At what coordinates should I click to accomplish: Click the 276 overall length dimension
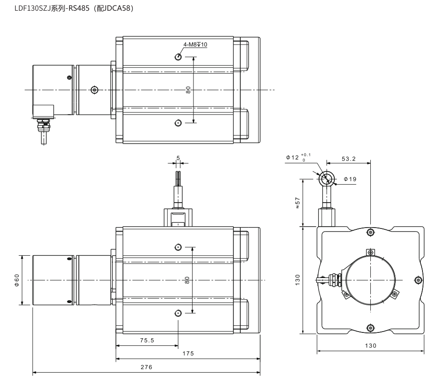pyautogui.click(x=146, y=367)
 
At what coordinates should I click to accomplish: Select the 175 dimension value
pyautogui.click(x=188, y=353)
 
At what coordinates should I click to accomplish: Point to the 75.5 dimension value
pyautogui.click(x=147, y=340)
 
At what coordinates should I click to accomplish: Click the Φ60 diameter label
pyautogui.click(x=16, y=280)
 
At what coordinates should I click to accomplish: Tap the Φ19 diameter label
pyautogui.click(x=350, y=179)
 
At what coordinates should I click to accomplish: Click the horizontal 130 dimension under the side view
pyautogui.click(x=370, y=345)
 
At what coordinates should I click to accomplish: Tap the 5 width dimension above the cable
pyautogui.click(x=178, y=158)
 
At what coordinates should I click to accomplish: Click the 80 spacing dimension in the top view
pyautogui.click(x=189, y=90)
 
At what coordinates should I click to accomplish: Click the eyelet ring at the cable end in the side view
pyautogui.click(x=327, y=178)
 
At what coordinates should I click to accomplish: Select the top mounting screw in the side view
pyautogui.click(x=370, y=232)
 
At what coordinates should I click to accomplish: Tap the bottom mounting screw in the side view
pyautogui.click(x=370, y=328)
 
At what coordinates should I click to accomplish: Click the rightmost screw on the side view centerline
pyautogui.click(x=418, y=280)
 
